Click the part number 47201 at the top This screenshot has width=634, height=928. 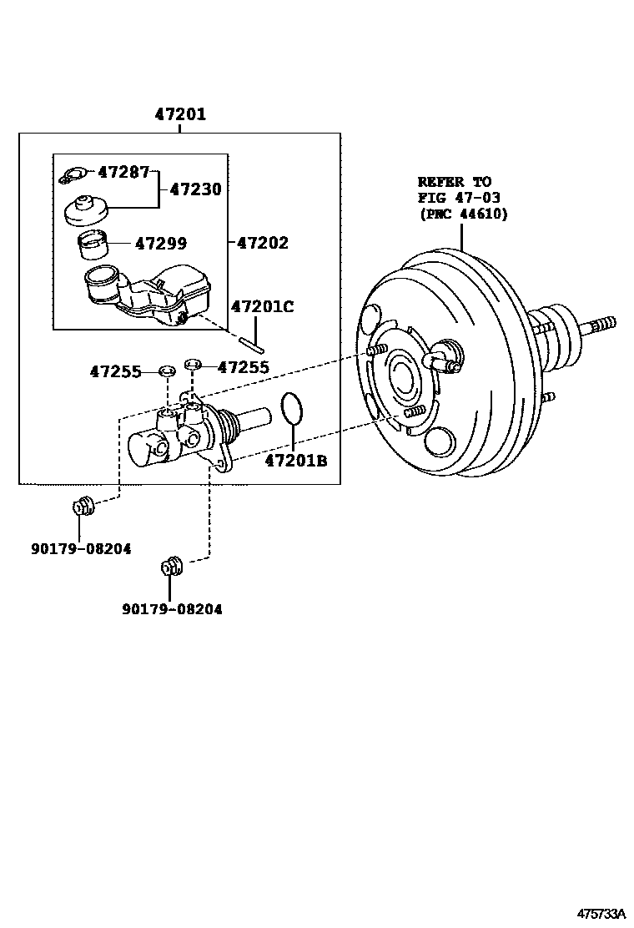click(x=179, y=115)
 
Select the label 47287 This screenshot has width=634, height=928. click(x=123, y=173)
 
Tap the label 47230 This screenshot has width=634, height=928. click(x=195, y=189)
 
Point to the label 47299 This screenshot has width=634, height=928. click(x=161, y=244)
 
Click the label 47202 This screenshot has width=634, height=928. click(x=262, y=244)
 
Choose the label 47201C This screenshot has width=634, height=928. click(x=262, y=306)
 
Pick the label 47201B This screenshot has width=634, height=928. click(x=296, y=460)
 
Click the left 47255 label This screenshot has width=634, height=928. click(x=115, y=371)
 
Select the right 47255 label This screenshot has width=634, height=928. click(x=243, y=366)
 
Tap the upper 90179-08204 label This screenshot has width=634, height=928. click(x=82, y=548)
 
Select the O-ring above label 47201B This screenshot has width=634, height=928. click(x=291, y=409)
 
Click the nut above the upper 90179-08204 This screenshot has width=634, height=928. click(x=83, y=506)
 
